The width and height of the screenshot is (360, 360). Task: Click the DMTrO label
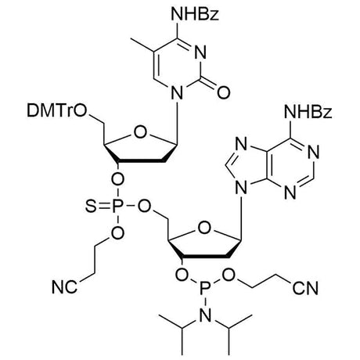point(56,111)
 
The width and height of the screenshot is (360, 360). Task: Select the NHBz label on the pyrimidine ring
point(195,14)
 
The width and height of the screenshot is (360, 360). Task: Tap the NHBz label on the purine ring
point(308,112)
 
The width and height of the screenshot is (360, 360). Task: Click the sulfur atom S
point(91,207)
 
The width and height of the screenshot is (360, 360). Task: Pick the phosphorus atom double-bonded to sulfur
point(117,207)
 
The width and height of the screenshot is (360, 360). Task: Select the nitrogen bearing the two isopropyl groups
point(206,315)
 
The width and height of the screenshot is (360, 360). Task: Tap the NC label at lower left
point(64,287)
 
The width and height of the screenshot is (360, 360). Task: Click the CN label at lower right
point(305,288)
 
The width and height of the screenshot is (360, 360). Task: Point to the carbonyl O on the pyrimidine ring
point(224,92)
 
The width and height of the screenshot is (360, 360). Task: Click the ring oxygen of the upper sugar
point(140,132)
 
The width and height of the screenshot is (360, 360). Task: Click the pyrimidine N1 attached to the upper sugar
point(177,93)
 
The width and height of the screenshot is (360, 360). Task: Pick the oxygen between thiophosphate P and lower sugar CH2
point(144,207)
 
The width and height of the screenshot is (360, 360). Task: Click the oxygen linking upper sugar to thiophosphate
point(117,179)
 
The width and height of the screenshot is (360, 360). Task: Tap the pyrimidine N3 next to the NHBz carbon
point(201,52)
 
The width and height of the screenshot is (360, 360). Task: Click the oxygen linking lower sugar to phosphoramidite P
point(182,275)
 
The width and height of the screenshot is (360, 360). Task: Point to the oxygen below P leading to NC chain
point(117,233)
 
